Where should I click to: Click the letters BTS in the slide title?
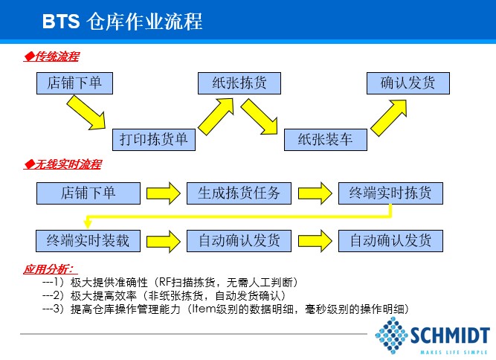[61, 22]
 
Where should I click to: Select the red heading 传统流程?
[51, 57]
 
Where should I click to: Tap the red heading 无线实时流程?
[62, 164]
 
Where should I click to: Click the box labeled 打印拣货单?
[154, 140]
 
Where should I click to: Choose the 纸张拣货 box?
[239, 83]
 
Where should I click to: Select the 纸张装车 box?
[326, 140]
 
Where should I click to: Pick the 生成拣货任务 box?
[239, 193]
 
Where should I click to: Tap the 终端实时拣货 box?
[390, 193]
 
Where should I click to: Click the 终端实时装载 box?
[88, 241]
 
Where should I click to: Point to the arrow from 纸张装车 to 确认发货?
[389, 118]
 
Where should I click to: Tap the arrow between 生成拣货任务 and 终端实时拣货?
[315, 193]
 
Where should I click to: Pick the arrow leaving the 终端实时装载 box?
[163, 241]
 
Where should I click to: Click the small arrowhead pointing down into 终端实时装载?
[88, 224]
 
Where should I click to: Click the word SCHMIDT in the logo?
[450, 335]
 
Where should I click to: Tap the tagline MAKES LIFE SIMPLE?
[454, 352]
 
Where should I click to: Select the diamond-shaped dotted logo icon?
[392, 335]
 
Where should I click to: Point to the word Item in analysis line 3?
[204, 309]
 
